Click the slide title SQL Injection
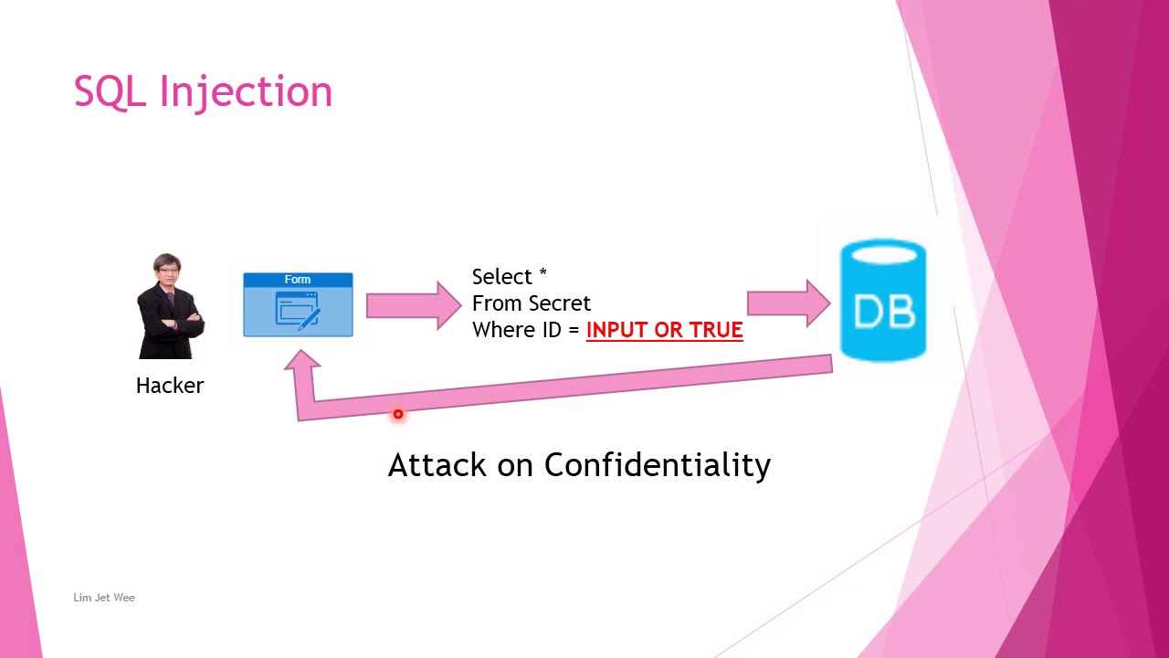[203, 92]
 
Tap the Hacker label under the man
[170, 386]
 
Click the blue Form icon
[298, 305]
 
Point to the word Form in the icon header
[298, 280]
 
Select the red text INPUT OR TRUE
[664, 330]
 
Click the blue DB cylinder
[883, 302]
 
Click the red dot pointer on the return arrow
[398, 415]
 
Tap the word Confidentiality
[658, 465]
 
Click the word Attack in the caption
[437, 465]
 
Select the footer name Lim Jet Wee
[104, 598]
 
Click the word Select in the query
[501, 277]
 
